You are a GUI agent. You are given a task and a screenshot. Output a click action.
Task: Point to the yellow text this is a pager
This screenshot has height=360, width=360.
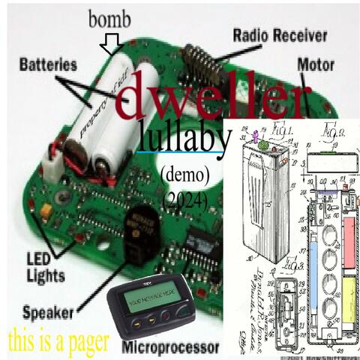tap(58, 341)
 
